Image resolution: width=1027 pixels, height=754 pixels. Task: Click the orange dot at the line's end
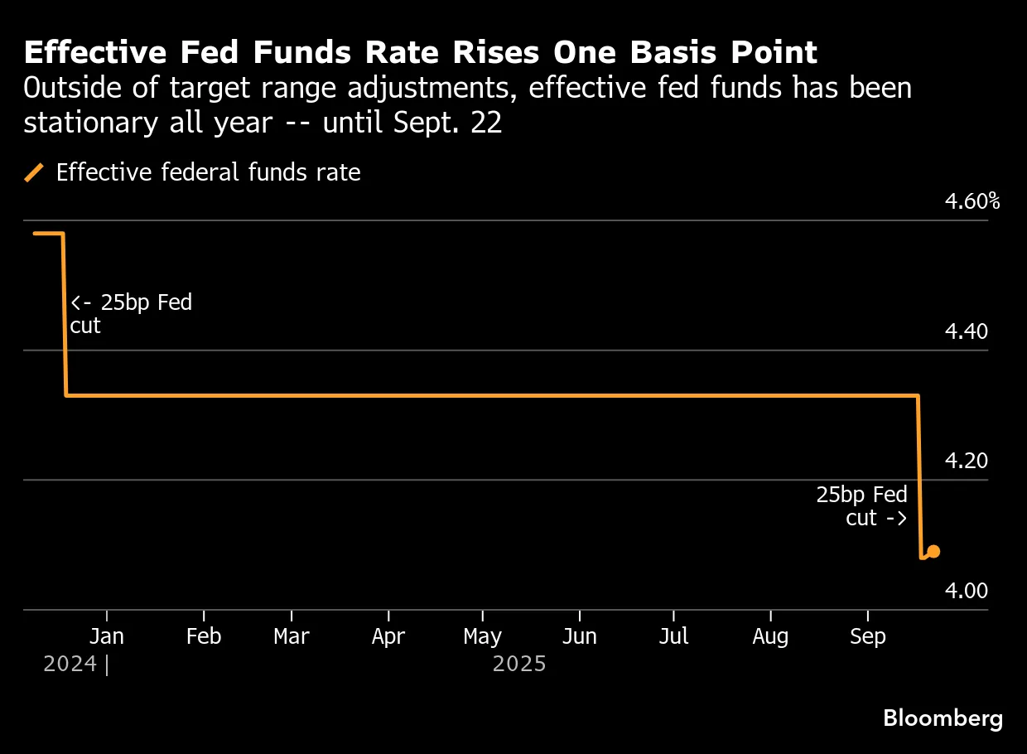[933, 551]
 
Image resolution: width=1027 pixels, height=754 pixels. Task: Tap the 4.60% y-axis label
[972, 201]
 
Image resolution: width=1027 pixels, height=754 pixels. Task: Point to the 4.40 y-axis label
[967, 331]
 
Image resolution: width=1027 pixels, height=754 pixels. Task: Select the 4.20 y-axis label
[967, 461]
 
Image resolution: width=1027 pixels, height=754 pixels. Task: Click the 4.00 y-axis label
[967, 591]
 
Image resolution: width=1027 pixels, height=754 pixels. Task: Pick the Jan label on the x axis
[106, 636]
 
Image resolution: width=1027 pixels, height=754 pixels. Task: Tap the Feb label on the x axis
[203, 636]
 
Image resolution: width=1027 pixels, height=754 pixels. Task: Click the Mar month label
[292, 636]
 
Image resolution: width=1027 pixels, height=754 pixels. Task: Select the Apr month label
[388, 636]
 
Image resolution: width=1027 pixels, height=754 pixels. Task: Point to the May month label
[482, 636]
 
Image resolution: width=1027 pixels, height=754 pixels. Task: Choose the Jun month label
[579, 636]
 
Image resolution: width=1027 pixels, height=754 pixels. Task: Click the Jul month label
[673, 636]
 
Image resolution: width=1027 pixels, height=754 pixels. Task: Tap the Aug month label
[770, 636]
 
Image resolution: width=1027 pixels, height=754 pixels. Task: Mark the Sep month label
[867, 636]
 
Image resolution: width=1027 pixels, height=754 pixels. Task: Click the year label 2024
[70, 664]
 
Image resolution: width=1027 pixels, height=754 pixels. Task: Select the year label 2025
[519, 664]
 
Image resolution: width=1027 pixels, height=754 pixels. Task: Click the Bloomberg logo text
[943, 718]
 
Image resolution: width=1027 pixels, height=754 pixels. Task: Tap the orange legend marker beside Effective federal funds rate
[34, 172]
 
